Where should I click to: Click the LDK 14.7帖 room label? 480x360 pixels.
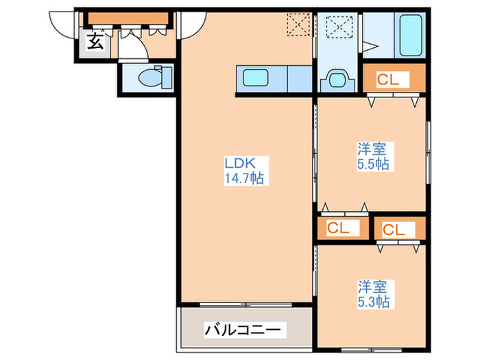click(x=244, y=171)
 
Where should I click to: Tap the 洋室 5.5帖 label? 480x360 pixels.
click(x=373, y=156)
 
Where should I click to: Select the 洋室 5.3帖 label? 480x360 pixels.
click(x=374, y=293)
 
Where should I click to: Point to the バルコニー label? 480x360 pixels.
click(x=243, y=330)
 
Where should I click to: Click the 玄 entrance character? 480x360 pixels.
click(x=95, y=41)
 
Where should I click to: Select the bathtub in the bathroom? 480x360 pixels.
click(x=411, y=35)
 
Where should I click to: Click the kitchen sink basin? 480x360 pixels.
click(x=255, y=77)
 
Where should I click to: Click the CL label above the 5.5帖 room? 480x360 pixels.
click(x=388, y=80)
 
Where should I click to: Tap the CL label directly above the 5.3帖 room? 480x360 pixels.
click(x=394, y=230)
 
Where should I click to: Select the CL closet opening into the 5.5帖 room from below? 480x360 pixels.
click(x=338, y=228)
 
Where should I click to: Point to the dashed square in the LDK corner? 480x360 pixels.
click(x=298, y=24)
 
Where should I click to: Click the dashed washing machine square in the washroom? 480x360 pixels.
click(x=339, y=27)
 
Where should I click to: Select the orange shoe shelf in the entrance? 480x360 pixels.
click(x=128, y=19)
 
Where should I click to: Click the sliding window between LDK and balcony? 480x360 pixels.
click(x=245, y=304)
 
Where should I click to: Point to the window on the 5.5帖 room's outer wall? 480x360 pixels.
click(x=429, y=152)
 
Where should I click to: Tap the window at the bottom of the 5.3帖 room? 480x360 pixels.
click(x=372, y=350)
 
